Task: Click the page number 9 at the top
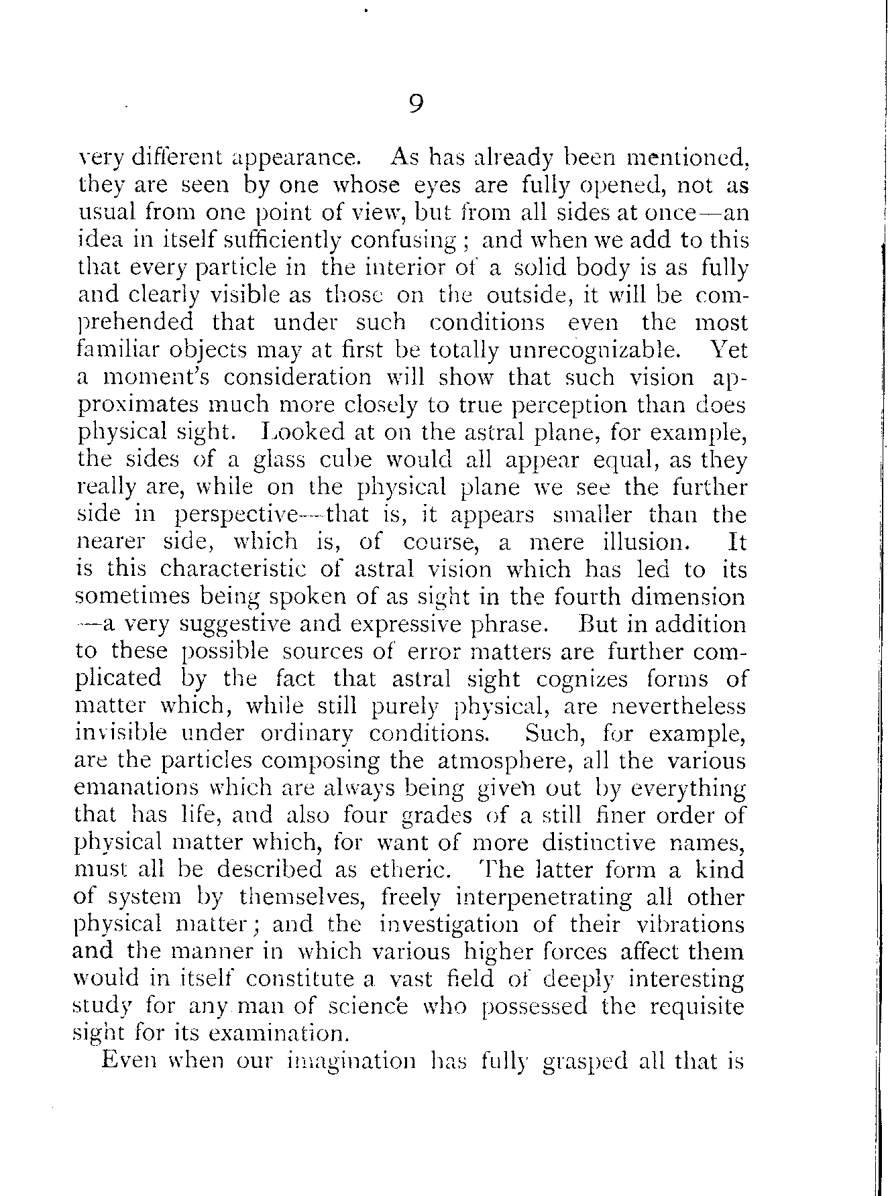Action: (416, 104)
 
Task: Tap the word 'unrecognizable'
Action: (592, 350)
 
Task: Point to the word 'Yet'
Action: (728, 350)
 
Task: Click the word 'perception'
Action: (562, 405)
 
